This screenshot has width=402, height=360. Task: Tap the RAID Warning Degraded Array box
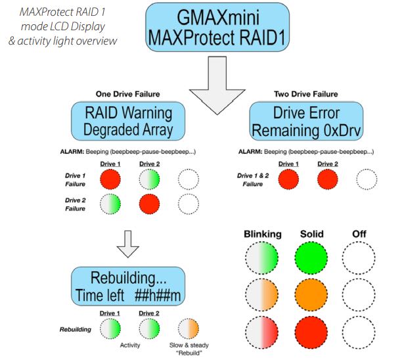tap(128, 120)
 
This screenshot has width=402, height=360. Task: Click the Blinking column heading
tap(262, 233)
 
